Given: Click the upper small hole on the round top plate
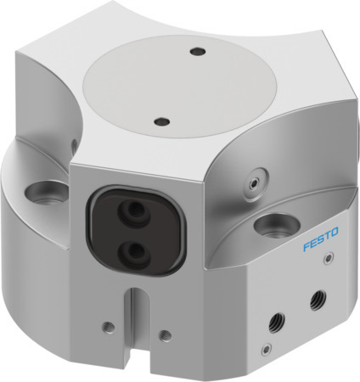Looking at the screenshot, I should click(197, 52).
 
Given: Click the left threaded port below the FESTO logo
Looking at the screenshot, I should click(276, 320).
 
